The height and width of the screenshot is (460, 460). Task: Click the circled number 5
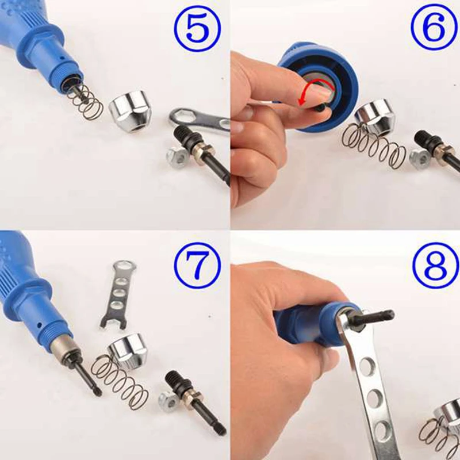click(197, 28)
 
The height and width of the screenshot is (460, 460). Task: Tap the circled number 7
click(197, 266)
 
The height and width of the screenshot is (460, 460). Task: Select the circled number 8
click(436, 266)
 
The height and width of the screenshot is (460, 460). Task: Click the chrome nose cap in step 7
click(128, 350)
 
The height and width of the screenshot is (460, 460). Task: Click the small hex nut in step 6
click(420, 158)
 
